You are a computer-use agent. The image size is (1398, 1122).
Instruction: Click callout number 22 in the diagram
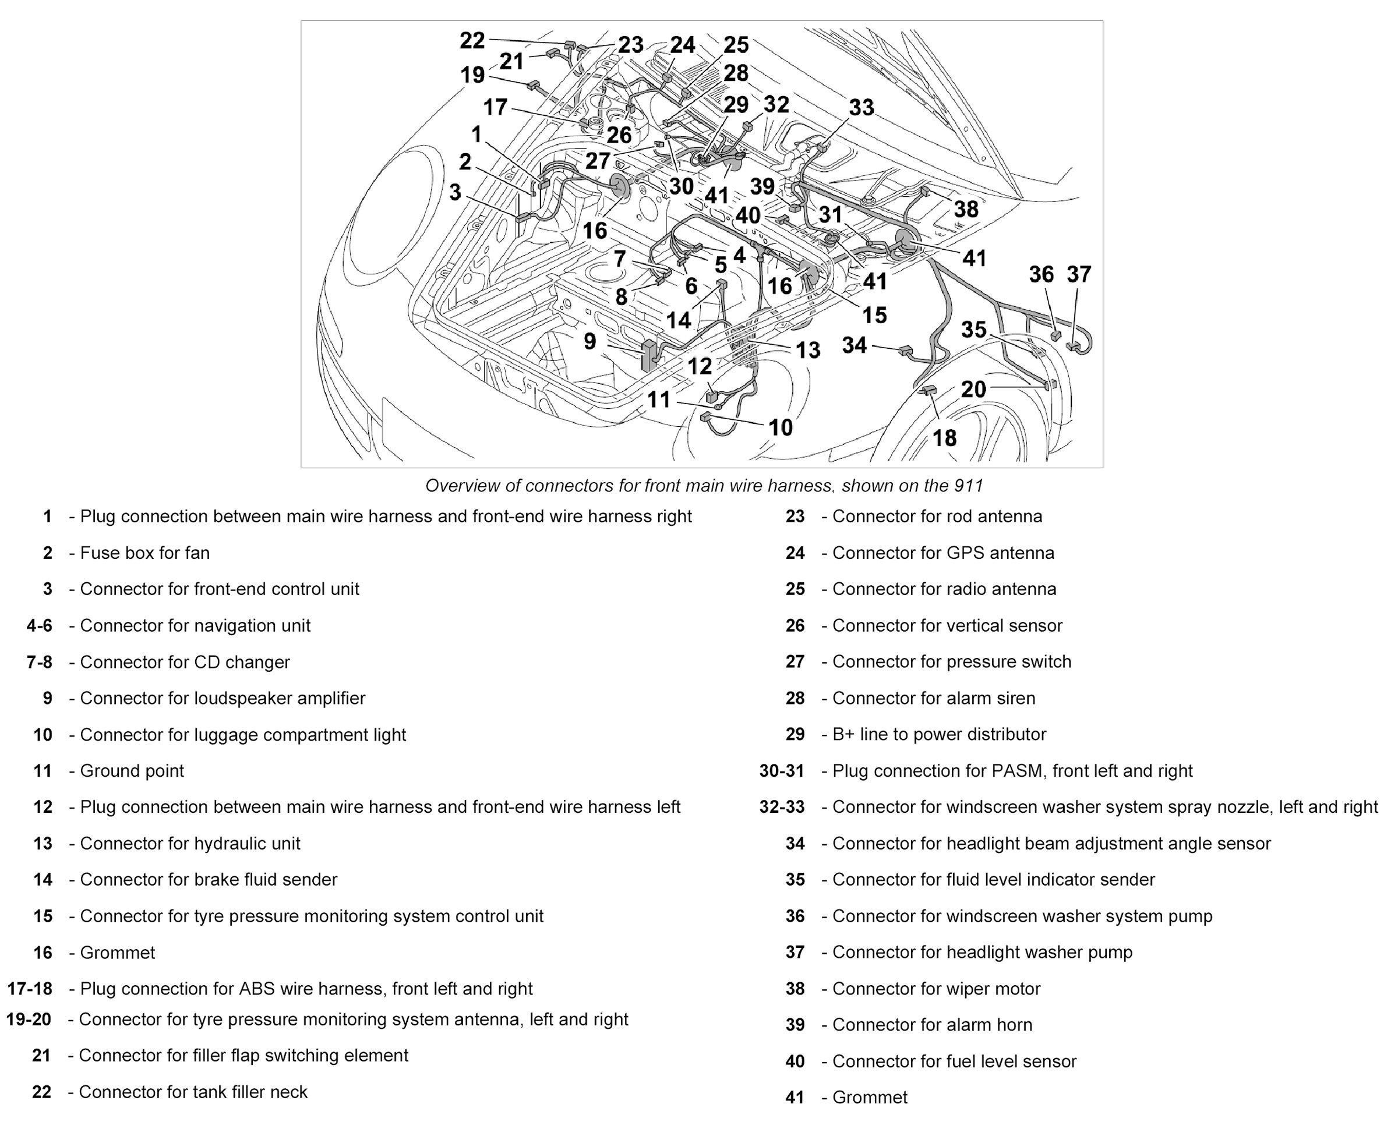click(472, 41)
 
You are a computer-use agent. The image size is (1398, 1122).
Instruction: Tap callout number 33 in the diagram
click(861, 107)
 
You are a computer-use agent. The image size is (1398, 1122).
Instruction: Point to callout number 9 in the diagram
click(589, 341)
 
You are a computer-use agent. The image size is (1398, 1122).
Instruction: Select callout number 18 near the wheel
click(944, 438)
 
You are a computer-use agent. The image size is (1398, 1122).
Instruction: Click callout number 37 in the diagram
click(1079, 274)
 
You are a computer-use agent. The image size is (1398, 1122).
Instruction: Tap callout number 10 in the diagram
click(780, 427)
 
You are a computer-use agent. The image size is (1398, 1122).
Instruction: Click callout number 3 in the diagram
click(455, 192)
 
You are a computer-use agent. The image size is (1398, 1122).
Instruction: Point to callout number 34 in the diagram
click(854, 345)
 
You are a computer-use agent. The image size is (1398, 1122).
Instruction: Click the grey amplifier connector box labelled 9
click(648, 356)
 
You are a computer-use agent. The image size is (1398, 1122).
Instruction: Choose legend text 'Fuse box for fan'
click(144, 553)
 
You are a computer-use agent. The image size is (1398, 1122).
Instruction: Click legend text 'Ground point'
click(132, 771)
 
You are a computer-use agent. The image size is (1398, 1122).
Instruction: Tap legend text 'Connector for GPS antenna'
click(943, 553)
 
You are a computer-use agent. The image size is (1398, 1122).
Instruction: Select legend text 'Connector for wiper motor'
click(935, 989)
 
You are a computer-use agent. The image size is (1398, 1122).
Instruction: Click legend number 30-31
click(781, 771)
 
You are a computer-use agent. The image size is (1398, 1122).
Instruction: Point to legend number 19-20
click(29, 1020)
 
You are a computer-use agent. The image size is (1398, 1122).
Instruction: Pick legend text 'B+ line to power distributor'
click(939, 734)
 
